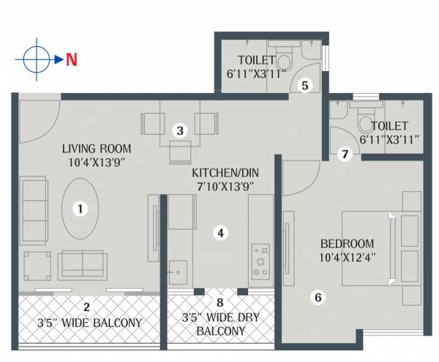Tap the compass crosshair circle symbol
35,59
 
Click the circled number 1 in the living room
80,209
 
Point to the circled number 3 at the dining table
179,130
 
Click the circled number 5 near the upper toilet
306,84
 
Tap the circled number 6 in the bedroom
317,297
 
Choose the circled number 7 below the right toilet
345,154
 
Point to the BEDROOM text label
348,243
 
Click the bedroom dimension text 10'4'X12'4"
348,258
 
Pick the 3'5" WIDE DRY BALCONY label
220,325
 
